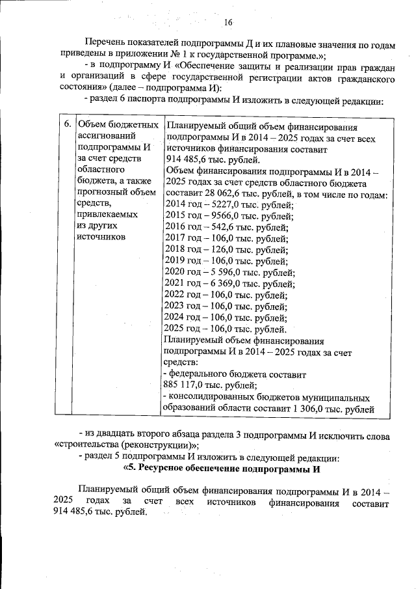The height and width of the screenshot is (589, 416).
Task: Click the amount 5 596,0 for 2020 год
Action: click(x=227, y=272)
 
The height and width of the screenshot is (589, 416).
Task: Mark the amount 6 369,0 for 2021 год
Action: click(x=227, y=283)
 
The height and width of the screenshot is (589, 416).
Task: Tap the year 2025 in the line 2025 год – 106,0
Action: click(x=177, y=329)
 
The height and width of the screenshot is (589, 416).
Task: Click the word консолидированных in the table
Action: click(x=214, y=397)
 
